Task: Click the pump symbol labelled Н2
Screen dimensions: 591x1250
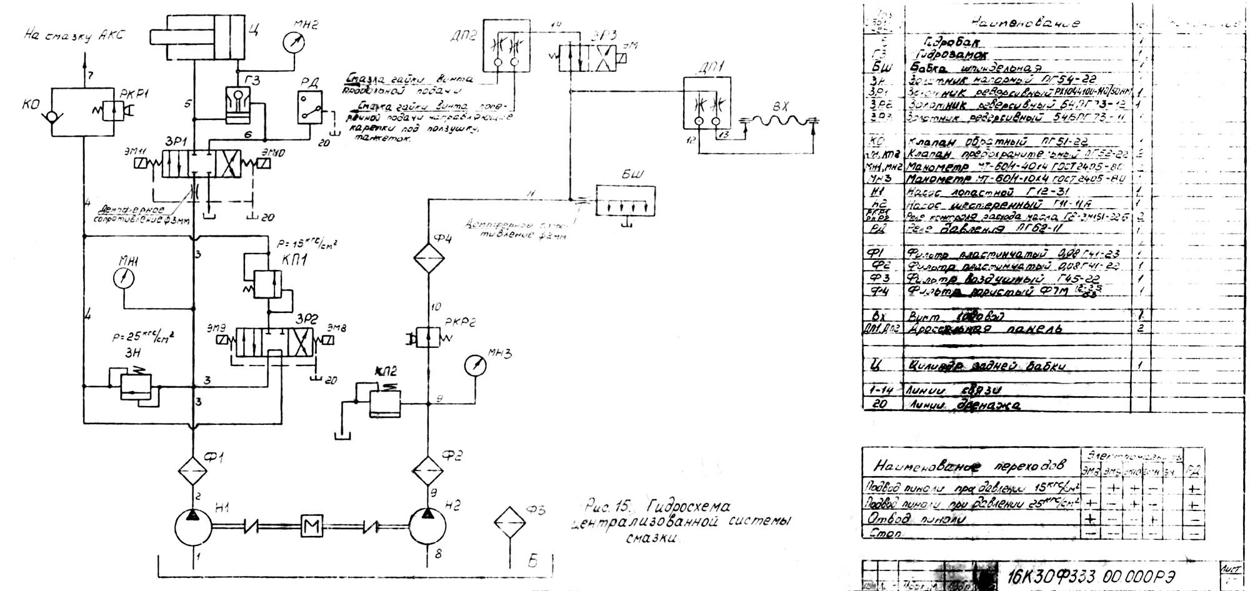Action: point(427,530)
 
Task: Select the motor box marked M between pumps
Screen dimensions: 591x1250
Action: point(311,527)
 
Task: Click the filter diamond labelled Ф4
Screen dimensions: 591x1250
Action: point(427,258)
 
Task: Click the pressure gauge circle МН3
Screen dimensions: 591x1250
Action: point(476,365)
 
